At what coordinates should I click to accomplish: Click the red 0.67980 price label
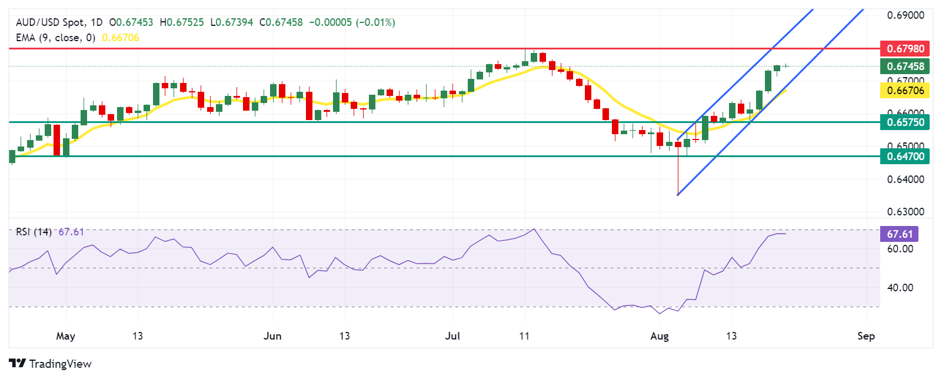pyautogui.click(x=905, y=48)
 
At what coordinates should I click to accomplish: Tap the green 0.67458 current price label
pyautogui.click(x=905, y=66)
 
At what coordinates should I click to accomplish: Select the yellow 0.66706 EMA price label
pyautogui.click(x=905, y=90)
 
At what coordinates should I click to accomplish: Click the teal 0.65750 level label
pyautogui.click(x=905, y=122)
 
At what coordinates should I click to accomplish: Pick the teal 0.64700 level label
pyautogui.click(x=905, y=156)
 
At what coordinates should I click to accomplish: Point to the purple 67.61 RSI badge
pyautogui.click(x=899, y=234)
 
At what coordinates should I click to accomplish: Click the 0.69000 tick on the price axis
pyautogui.click(x=906, y=15)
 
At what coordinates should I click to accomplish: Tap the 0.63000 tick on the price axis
pyautogui.click(x=906, y=211)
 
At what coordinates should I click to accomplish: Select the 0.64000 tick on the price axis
pyautogui.click(x=906, y=179)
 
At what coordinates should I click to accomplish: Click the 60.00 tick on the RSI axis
pyautogui.click(x=900, y=249)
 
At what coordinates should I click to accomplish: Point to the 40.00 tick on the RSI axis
pyautogui.click(x=900, y=288)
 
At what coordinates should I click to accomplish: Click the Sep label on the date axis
pyautogui.click(x=866, y=336)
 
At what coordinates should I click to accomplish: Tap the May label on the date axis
pyautogui.click(x=65, y=336)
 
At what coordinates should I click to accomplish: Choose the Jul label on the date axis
pyautogui.click(x=452, y=336)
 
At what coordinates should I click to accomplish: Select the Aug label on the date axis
pyautogui.click(x=660, y=336)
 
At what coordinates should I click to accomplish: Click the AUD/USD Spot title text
pyautogui.click(x=50, y=22)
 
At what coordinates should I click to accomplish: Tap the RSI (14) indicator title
pyautogui.click(x=34, y=232)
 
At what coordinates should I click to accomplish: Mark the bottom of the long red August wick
pyautogui.click(x=678, y=194)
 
